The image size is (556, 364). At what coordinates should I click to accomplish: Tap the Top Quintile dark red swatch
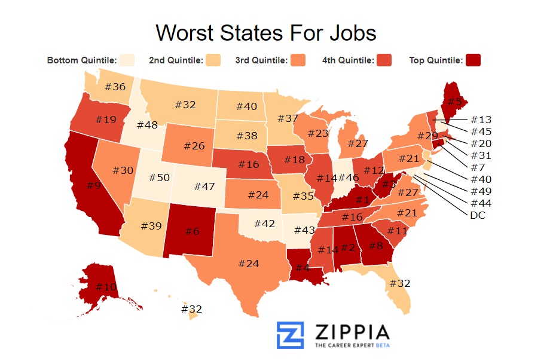(x=473, y=60)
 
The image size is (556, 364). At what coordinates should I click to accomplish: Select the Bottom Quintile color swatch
(x=127, y=60)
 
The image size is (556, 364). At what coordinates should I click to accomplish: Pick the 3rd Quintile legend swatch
(x=298, y=60)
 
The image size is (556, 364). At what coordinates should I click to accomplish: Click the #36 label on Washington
(x=115, y=87)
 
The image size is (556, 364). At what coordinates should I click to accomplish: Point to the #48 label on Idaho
(x=147, y=125)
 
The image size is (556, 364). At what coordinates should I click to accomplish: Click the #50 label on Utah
(x=160, y=178)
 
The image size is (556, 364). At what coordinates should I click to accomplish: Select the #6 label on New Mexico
(x=192, y=231)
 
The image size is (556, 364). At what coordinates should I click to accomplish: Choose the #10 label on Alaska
(x=106, y=287)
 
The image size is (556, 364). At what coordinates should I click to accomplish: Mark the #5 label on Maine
(x=455, y=101)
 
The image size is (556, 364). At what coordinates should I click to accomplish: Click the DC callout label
(x=478, y=215)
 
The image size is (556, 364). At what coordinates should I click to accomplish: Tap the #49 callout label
(x=481, y=191)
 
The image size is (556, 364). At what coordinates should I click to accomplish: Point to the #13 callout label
(x=481, y=119)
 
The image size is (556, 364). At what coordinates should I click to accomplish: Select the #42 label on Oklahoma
(x=264, y=223)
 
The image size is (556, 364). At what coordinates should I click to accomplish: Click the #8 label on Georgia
(x=375, y=244)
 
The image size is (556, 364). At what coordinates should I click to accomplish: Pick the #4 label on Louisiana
(x=303, y=268)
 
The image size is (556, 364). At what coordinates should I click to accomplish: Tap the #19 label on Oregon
(x=105, y=120)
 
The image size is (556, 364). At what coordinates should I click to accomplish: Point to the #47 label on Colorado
(x=204, y=186)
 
